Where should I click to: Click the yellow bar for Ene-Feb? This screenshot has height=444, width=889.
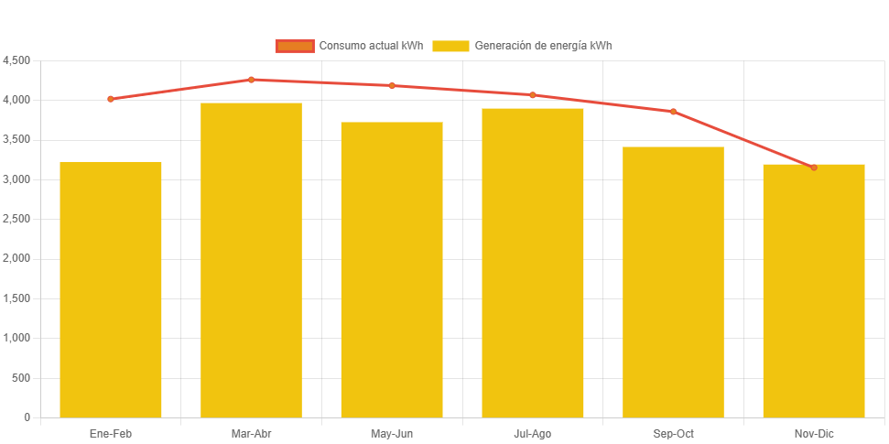pos(111,289)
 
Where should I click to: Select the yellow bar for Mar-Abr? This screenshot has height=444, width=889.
pos(251,260)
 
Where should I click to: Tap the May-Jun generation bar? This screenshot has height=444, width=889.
pos(392,270)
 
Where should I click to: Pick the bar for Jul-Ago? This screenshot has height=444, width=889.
pos(533,263)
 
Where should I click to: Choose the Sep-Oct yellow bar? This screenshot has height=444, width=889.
pos(673,282)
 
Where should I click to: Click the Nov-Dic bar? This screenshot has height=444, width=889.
pos(814,291)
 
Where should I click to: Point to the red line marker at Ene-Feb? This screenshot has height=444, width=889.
pos(111,99)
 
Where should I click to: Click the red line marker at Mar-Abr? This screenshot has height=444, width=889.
pos(251,80)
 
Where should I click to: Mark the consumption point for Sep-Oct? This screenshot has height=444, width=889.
pos(673,112)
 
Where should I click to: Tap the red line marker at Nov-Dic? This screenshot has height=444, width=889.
pos(814,168)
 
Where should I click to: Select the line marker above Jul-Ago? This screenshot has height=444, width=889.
pos(533,95)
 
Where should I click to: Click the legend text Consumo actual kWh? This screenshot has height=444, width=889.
pos(371,46)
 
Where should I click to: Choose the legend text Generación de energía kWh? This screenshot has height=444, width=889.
pos(543,46)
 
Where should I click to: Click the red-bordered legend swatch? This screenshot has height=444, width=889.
pos(295,46)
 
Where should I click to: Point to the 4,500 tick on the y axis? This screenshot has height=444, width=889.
pos(17,60)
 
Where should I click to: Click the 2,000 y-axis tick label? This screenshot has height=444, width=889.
pos(17,259)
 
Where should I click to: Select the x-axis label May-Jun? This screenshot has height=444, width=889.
pos(392,433)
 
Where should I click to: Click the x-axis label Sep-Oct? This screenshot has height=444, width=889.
pos(673,433)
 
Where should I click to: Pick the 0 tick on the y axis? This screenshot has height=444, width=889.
pos(27,417)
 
